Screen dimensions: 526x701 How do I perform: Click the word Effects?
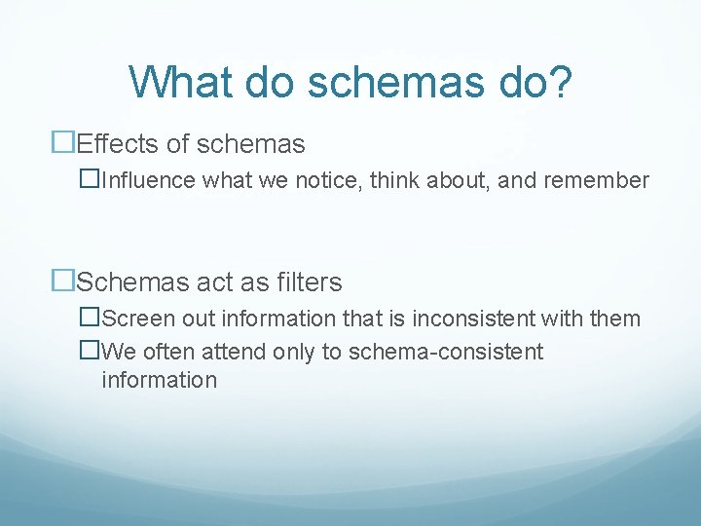point(118,145)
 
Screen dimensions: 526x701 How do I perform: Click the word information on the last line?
point(159,380)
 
